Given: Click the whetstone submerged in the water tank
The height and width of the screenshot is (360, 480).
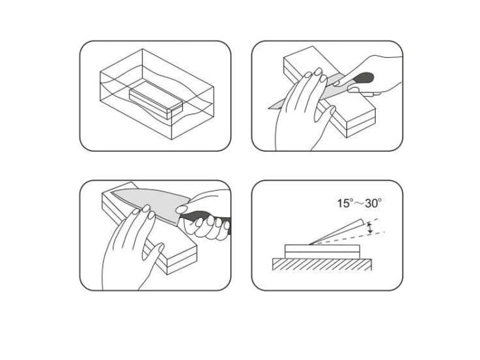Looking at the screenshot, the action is point(156,100).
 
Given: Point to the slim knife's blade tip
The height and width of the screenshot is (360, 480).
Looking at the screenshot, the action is point(269,108).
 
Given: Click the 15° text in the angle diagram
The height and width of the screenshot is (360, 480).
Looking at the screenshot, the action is point(346,203).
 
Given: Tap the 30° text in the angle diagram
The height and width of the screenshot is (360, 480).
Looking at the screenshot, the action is point(373,203).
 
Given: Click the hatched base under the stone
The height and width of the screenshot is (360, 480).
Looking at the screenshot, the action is point(322,265).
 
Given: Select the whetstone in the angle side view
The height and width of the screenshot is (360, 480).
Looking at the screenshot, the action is point(323,252).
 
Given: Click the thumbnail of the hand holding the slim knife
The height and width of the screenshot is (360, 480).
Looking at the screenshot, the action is point(354,90).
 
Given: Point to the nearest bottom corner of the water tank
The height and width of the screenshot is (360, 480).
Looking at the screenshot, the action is point(172,140).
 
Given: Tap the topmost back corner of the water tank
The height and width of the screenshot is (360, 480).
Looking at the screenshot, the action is point(142,49).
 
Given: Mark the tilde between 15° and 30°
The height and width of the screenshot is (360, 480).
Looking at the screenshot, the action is point(359,204).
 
